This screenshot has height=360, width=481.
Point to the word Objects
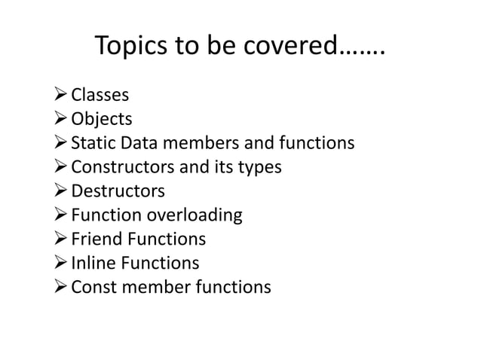pos(102,119)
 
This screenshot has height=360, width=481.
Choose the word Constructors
pos(120,167)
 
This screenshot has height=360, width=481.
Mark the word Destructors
pos(118,191)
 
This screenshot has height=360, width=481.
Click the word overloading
pos(195,215)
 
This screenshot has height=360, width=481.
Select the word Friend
pos(96,239)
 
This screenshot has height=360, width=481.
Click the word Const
pos(93,288)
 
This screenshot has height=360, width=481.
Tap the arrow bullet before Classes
pos(59,95)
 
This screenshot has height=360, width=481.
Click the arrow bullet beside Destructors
pos(59,191)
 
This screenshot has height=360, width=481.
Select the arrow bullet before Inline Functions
pos(59,264)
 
